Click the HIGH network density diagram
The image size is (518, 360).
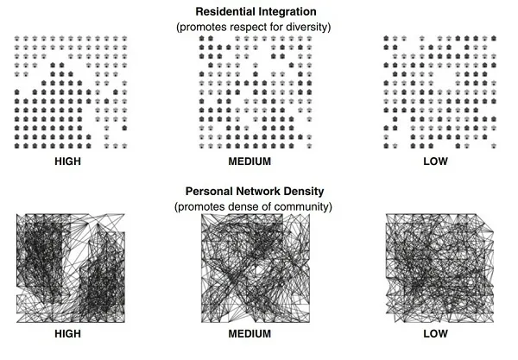tap(69, 268)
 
